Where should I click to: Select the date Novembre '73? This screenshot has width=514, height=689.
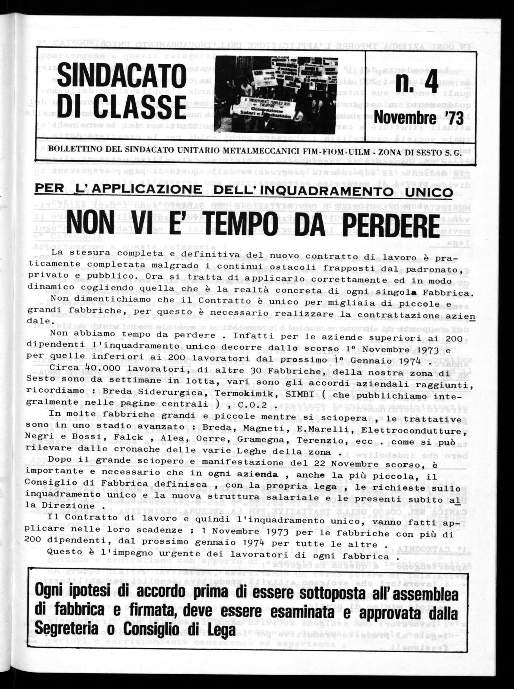coord(418,117)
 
